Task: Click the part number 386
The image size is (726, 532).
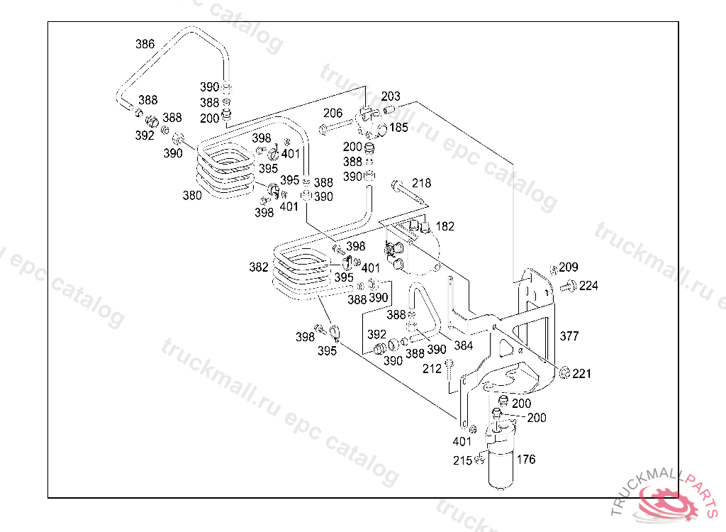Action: coord(145,44)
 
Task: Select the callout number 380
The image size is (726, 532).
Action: coord(192,196)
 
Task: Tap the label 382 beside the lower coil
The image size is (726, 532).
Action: coord(259,267)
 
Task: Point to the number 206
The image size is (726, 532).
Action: coord(333,113)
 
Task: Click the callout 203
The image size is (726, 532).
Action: coord(391,96)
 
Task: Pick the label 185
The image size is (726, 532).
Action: coord(399,128)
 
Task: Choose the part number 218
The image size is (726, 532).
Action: coord(421,183)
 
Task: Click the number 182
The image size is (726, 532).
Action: coord(445,226)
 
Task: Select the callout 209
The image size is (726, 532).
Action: coord(569,267)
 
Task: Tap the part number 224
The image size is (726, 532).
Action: coord(588,286)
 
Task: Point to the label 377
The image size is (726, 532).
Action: coord(570,336)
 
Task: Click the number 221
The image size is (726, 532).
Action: coord(582,374)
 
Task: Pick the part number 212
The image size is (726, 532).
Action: coord(432,368)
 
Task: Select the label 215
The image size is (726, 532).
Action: coord(463,460)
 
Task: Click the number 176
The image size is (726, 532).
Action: coord(526,459)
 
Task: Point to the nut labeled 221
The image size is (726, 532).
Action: coord(565,373)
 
